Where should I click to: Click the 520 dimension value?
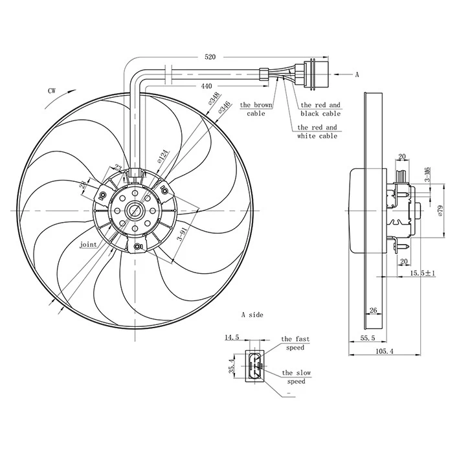click(210, 57)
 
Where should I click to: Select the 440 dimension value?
click(207, 86)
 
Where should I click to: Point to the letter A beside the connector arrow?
click(357, 74)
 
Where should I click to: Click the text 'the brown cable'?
click(256, 109)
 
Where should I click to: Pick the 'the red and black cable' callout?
click(320, 109)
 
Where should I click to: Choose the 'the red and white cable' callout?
click(317, 132)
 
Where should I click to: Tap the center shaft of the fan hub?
click(136, 210)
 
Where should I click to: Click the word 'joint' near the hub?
click(89, 245)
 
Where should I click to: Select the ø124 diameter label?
click(163, 155)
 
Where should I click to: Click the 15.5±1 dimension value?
click(423, 274)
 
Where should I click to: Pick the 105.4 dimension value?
click(385, 352)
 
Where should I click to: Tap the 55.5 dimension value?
click(368, 338)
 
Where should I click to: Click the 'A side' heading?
click(252, 315)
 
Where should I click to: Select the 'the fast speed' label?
click(295, 343)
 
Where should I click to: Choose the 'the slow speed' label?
click(296, 377)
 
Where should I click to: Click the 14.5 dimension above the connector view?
click(232, 337)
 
